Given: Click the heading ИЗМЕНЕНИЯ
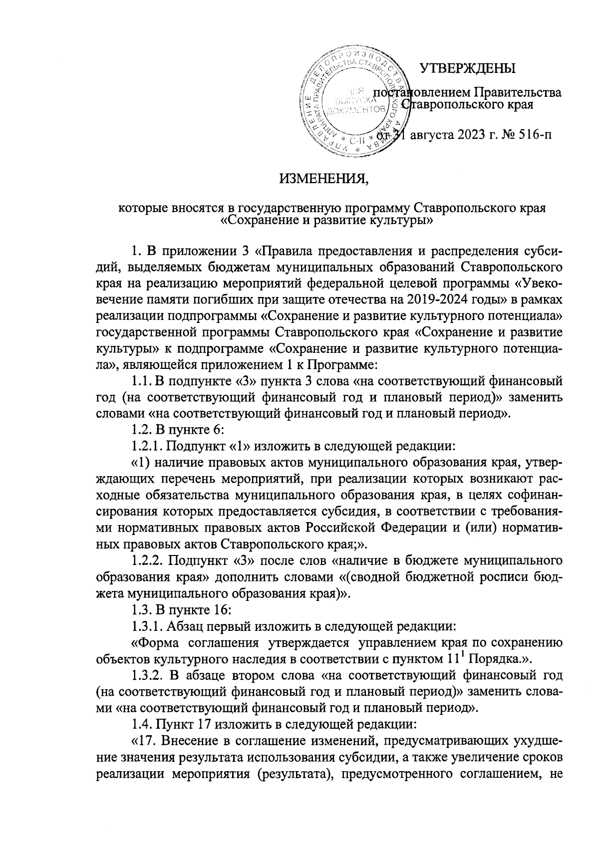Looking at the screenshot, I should [322, 179].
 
